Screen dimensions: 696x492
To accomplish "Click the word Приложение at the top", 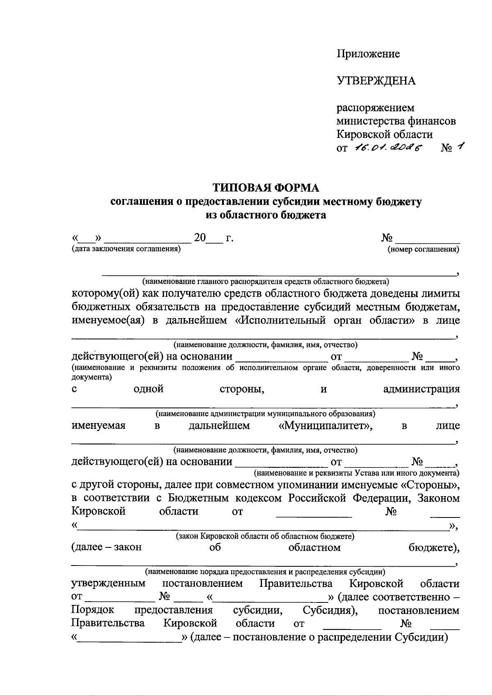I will coord(368,54).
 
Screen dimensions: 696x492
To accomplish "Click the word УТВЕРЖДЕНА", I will coord(376,81).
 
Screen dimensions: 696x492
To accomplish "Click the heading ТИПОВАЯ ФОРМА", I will coord(265,188).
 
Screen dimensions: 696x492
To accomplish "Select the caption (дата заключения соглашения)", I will coord(126,249).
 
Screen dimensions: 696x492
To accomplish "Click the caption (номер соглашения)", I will coord(424,249).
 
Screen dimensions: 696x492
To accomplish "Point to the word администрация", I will coord(421,389).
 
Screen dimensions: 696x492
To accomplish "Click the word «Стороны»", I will coord(429,485).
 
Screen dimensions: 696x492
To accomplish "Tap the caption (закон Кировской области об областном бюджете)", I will coord(265,536).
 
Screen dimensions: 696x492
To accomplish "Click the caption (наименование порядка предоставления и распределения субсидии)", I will coord(265,571).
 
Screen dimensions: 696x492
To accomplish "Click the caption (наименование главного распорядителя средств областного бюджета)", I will coord(265,282).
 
